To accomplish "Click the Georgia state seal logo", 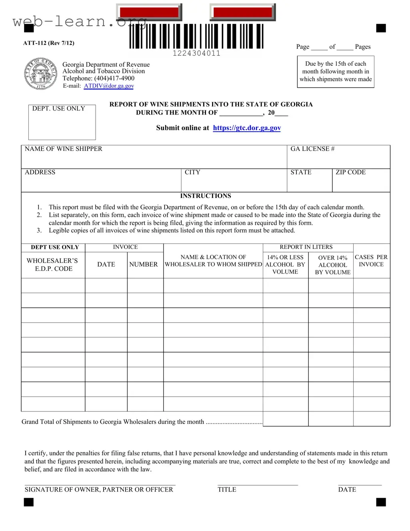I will (40, 74).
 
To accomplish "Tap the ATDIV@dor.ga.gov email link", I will (109, 86).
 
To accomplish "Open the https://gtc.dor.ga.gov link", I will (247, 128).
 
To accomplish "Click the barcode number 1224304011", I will (196, 53).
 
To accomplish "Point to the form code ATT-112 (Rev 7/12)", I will (48, 43).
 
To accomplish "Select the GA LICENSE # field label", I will (312, 149).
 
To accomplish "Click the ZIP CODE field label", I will (350, 172).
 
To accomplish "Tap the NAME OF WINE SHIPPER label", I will (63, 149).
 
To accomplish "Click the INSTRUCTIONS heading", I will (205, 196).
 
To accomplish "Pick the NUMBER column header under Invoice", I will (143, 264).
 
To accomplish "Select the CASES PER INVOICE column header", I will (371, 260).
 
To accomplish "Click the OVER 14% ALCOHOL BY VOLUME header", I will (332, 265).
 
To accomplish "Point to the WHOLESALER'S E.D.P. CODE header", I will (52, 264).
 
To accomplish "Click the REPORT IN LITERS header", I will (306, 247).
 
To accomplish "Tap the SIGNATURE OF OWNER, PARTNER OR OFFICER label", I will (99, 489).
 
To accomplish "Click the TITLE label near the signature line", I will (227, 489).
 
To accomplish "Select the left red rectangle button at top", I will (149, 12).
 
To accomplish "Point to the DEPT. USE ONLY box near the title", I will (62, 122).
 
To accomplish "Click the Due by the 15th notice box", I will (336, 72).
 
